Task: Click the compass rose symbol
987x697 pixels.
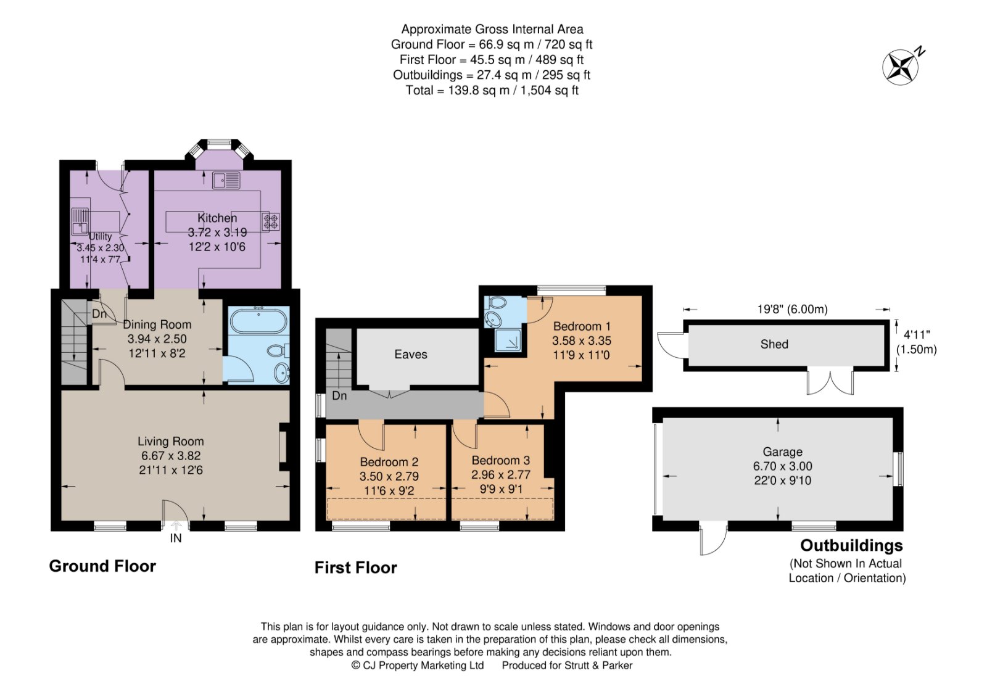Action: click(901, 67)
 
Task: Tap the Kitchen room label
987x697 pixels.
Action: click(217, 218)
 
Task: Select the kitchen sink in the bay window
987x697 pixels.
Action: click(226, 180)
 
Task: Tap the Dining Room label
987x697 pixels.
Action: click(157, 324)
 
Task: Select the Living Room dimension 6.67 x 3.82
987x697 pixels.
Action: click(170, 456)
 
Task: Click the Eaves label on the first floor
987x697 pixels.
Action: click(411, 354)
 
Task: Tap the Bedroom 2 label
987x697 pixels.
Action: click(389, 462)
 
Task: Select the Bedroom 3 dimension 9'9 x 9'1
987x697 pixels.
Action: click(500, 489)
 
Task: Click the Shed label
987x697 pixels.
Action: click(774, 344)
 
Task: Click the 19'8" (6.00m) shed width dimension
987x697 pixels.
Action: click(793, 309)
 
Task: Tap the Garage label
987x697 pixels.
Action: click(782, 452)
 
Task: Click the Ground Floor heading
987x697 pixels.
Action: click(102, 566)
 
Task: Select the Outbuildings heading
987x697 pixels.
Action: click(851, 545)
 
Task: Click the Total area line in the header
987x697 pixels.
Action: click(492, 90)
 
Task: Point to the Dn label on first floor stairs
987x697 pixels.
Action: click(339, 395)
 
